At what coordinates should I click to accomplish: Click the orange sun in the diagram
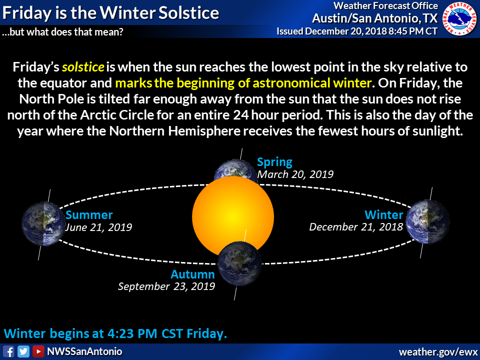click(x=233, y=216)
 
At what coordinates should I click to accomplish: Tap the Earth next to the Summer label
click(x=43, y=223)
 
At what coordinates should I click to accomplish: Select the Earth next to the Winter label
click(x=427, y=222)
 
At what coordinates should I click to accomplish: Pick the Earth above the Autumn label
click(x=239, y=263)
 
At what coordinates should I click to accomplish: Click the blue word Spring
click(x=274, y=162)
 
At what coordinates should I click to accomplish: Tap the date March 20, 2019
click(x=295, y=174)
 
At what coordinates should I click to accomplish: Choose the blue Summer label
click(x=89, y=215)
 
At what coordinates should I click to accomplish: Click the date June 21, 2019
click(x=98, y=227)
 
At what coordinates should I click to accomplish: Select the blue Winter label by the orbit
click(x=384, y=215)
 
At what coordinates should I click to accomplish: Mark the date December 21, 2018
click(x=356, y=227)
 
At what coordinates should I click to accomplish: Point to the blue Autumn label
click(x=193, y=274)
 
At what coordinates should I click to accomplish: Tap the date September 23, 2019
click(x=166, y=286)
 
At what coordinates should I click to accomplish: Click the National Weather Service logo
click(x=459, y=18)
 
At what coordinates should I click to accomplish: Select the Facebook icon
click(x=8, y=351)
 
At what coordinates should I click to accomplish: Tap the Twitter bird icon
click(x=23, y=351)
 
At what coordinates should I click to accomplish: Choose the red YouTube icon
click(x=38, y=351)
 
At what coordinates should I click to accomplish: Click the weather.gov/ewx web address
click(x=438, y=351)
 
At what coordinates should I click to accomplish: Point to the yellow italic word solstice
click(x=83, y=67)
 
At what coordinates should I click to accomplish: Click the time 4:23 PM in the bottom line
click(x=132, y=333)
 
